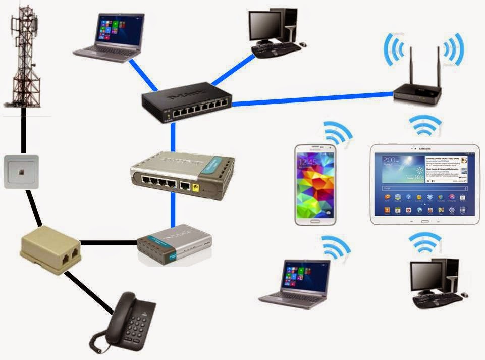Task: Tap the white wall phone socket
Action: pyautogui.click(x=21, y=172)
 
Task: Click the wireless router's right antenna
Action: pyautogui.click(x=438, y=68)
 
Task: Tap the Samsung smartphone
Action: pyautogui.click(x=316, y=185)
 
